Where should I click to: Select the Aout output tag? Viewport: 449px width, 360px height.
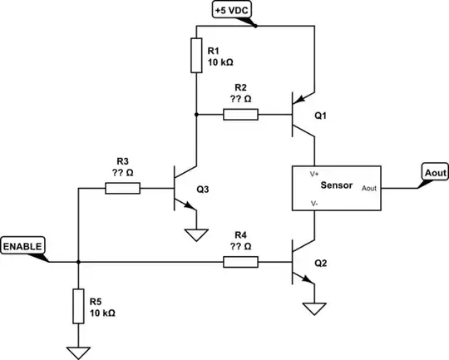click(x=432, y=172)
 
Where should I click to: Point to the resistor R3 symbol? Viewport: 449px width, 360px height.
click(x=122, y=189)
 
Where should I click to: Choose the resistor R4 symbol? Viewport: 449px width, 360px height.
click(x=240, y=262)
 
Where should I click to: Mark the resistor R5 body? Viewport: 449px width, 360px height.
click(x=77, y=307)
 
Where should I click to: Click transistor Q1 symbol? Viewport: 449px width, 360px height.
click(x=304, y=116)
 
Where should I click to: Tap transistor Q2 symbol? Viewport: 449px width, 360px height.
click(x=304, y=263)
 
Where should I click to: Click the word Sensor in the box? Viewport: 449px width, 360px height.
click(x=337, y=186)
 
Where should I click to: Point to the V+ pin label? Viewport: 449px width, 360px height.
click(x=314, y=175)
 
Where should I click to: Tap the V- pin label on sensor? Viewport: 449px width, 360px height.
click(x=314, y=202)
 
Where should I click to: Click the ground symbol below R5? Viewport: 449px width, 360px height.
click(x=77, y=351)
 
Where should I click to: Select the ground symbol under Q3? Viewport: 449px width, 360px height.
click(x=195, y=235)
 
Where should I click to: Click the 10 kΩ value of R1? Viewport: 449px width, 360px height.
click(x=220, y=62)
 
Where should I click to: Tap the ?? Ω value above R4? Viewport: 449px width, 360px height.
click(x=241, y=247)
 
